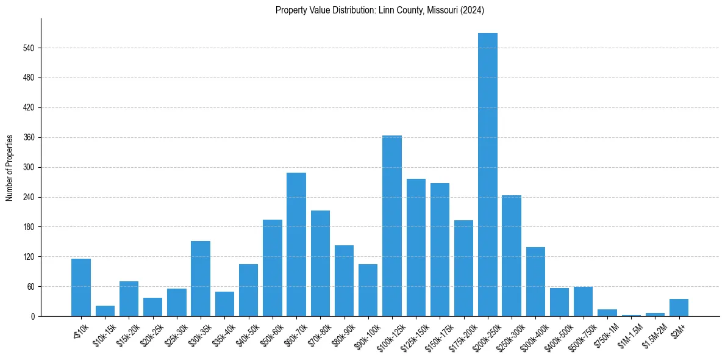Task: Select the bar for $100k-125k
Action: point(392,226)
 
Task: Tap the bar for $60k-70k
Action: point(296,244)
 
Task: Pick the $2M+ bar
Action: point(679,308)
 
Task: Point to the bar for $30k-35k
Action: point(201,278)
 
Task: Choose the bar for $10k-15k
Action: point(105,311)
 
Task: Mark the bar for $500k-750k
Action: point(583,301)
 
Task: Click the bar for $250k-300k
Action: point(512,256)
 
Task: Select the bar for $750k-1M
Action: point(607,313)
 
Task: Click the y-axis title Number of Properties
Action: point(10,167)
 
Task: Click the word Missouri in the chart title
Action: point(437,10)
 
